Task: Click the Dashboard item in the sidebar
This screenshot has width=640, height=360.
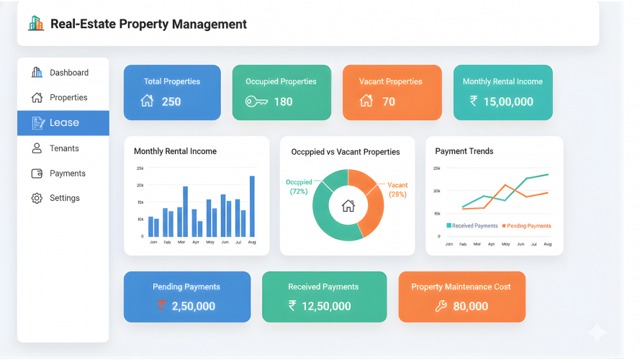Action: tap(68, 73)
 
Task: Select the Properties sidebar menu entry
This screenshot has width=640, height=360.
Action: tap(68, 98)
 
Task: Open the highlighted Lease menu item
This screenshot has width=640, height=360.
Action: tap(63, 123)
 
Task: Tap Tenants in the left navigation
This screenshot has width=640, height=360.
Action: tap(64, 148)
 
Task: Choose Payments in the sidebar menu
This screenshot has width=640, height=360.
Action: tap(67, 174)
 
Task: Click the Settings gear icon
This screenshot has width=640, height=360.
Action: tap(37, 198)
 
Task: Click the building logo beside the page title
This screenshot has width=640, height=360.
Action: tap(35, 24)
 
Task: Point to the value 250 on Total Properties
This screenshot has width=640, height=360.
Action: tap(171, 102)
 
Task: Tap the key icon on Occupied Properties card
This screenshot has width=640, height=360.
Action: tap(256, 102)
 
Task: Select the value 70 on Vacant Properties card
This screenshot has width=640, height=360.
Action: tap(389, 102)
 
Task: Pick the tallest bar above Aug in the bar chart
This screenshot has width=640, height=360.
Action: tap(252, 206)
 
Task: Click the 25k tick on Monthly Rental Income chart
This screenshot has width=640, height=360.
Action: tap(140, 168)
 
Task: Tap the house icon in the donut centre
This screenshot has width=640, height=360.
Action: tap(348, 206)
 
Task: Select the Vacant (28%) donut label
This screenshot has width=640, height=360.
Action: tap(397, 190)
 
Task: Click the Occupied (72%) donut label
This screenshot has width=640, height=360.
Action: tap(298, 186)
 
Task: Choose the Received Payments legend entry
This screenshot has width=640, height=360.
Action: tap(472, 226)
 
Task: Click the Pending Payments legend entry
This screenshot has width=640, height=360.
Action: tap(526, 226)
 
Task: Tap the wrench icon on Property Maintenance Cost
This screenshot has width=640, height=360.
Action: tap(441, 306)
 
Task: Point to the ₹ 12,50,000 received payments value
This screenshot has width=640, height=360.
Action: tap(320, 306)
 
